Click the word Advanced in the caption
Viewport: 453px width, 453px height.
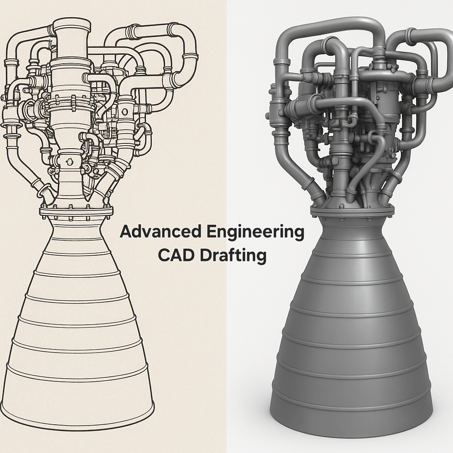pyautogui.click(x=160, y=232)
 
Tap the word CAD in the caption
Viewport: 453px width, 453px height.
pyautogui.click(x=176, y=255)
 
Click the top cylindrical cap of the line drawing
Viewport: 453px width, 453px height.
pyautogui.click(x=72, y=25)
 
